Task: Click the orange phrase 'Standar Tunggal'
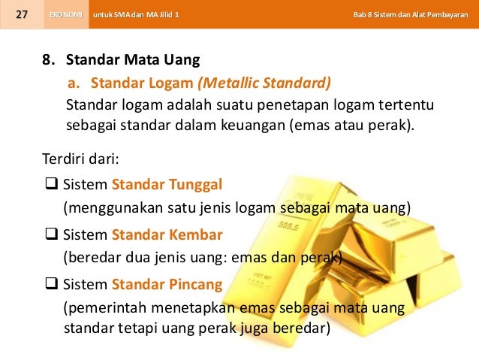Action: pyautogui.click(x=167, y=184)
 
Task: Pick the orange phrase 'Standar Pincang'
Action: pyautogui.click(x=167, y=284)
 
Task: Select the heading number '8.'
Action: pyautogui.click(x=49, y=60)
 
